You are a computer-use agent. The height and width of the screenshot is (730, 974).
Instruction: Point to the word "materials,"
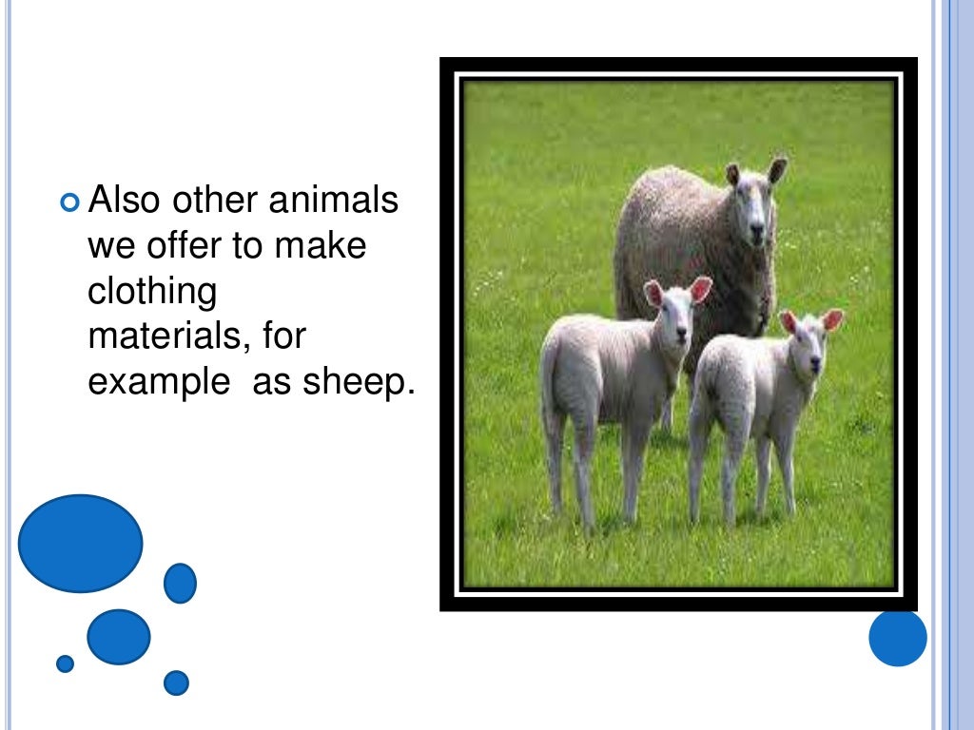point(166,336)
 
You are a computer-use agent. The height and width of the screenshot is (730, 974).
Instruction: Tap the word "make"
point(321,246)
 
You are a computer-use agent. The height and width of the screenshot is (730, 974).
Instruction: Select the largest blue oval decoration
point(80,544)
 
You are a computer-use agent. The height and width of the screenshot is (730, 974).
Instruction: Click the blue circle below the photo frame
point(897,637)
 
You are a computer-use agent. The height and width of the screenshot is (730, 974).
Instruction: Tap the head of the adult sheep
point(754,205)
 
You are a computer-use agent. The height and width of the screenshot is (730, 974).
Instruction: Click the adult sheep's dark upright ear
point(777,170)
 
